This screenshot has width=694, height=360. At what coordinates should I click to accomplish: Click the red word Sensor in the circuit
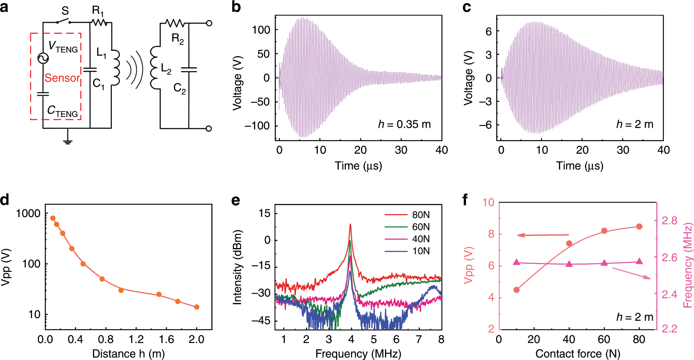coord(62,78)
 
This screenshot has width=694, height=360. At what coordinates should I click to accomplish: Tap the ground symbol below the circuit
coord(68,141)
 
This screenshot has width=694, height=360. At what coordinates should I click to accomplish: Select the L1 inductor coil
coord(115,68)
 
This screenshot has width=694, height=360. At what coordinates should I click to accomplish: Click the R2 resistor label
coord(177,39)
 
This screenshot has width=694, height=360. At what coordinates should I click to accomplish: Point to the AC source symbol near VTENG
coord(43,58)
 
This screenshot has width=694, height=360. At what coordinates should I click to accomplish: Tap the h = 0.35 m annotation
coord(404,124)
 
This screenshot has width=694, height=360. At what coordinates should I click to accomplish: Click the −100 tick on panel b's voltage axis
coord(257,126)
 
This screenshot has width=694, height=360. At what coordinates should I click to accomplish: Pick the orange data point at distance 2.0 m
coord(196,307)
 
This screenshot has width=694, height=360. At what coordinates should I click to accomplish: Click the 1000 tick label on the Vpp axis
coord(28,213)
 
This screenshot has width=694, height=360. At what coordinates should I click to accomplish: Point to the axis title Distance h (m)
coord(128,353)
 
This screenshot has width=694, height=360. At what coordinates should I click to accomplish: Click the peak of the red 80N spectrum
coord(350,224)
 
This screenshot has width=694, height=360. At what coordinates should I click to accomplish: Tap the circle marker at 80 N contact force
coord(639,226)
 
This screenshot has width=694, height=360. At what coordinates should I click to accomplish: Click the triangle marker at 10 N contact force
coord(517,262)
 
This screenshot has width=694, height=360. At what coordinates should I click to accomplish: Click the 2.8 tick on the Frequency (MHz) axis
coord(669,221)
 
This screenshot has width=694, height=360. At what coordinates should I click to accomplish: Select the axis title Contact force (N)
coord(577,353)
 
